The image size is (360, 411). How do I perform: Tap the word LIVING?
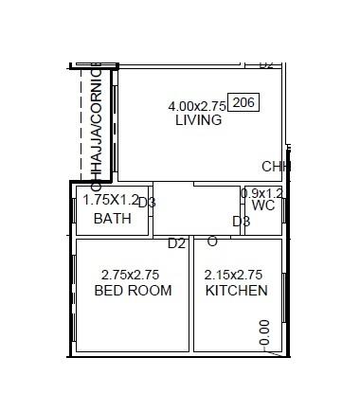[199, 121]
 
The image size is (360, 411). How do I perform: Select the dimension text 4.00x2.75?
[197, 105]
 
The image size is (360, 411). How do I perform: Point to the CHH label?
[276, 167]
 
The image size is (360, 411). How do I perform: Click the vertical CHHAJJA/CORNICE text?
[96, 121]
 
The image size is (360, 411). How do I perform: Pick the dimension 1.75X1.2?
[111, 200]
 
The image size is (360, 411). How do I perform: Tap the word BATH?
[112, 219]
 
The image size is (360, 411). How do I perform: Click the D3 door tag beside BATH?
[147, 203]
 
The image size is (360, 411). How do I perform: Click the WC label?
[262, 205]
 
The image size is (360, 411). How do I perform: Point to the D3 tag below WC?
[242, 222]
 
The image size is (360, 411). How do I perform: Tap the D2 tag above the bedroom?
[176, 243]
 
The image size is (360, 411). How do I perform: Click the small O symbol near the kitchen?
[211, 241]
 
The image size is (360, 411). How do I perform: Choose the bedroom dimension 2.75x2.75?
[130, 275]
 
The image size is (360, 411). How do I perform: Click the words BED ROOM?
[134, 291]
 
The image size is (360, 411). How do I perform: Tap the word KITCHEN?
[236, 291]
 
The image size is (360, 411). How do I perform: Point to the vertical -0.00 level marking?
[264, 333]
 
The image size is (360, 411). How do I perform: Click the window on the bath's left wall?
[74, 210]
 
